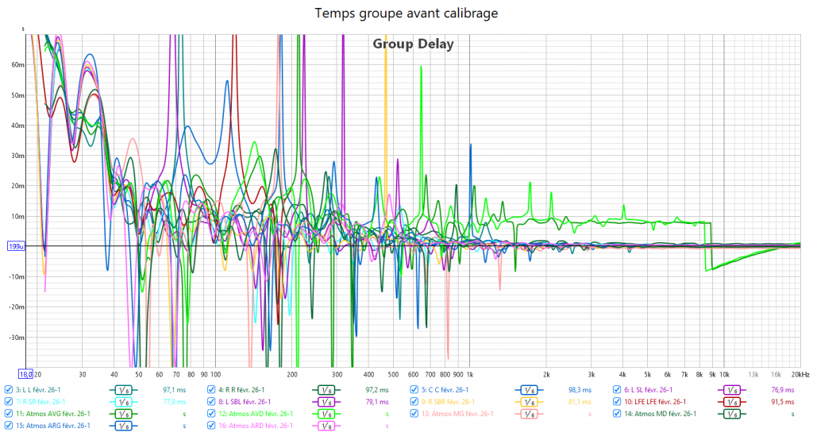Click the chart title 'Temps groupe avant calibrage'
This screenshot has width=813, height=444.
coord(406,14)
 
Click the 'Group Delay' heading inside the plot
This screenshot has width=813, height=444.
coord(413,44)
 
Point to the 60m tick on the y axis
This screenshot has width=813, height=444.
coord(18,65)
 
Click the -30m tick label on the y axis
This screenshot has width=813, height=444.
coord(17,338)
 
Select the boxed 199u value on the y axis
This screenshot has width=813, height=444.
coord(16,246)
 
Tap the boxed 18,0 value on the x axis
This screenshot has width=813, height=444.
coord(25,373)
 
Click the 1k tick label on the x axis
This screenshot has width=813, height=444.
coord(470,373)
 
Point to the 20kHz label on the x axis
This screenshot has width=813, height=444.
coord(799,373)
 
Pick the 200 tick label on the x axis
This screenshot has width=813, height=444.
coord(292,373)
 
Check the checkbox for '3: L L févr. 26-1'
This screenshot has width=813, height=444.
coord(9,390)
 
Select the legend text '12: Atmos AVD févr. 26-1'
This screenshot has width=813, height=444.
coord(256,414)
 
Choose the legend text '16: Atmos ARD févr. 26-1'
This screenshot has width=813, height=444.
coord(256,426)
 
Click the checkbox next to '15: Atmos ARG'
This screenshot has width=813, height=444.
coord(9,426)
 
